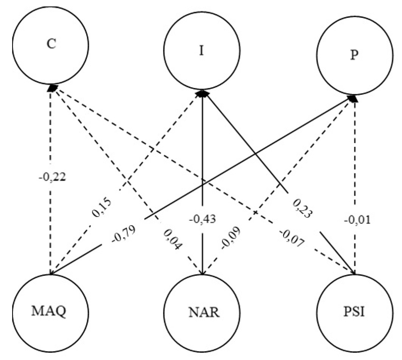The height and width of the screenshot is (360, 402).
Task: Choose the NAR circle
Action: (x=202, y=314)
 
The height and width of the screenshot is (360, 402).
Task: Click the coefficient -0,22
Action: (x=52, y=177)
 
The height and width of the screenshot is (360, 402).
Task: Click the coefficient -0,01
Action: (x=355, y=220)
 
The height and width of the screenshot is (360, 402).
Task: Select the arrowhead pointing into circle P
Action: (x=353, y=98)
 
